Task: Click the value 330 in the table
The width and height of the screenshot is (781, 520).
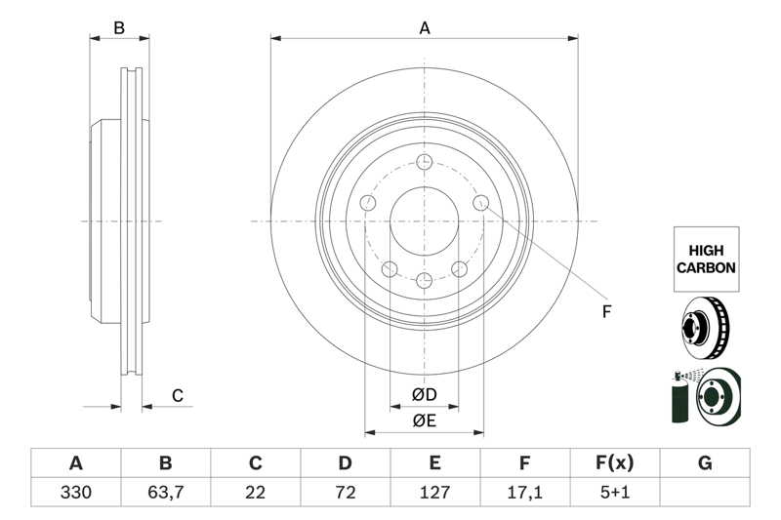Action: tap(75, 493)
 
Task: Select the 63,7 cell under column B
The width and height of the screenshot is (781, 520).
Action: tap(165, 493)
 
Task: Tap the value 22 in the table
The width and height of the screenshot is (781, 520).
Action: tap(256, 493)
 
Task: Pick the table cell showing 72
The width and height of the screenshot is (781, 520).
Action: tap(345, 493)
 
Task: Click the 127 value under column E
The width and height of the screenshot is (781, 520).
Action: tap(434, 493)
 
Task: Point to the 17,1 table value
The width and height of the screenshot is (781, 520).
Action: tap(524, 493)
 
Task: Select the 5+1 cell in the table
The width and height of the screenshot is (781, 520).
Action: tap(614, 493)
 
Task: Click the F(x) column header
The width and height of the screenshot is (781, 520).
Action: tap(614, 462)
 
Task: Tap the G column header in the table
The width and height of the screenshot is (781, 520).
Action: tap(705, 462)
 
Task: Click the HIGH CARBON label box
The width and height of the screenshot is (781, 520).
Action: tap(706, 259)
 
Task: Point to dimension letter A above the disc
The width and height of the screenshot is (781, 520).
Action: tap(425, 28)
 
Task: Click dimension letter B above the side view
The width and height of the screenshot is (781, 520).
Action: tap(119, 28)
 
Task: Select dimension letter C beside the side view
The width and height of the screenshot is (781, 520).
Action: tap(178, 395)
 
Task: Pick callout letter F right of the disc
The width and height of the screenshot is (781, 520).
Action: tap(605, 312)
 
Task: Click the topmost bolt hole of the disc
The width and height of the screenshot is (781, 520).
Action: tap(425, 162)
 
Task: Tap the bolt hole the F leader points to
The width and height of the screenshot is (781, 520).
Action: tap(481, 202)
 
